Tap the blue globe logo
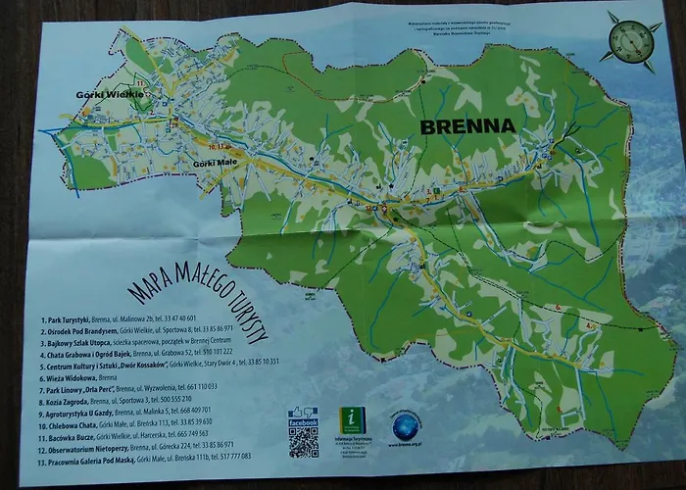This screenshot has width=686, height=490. coord(405,427)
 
